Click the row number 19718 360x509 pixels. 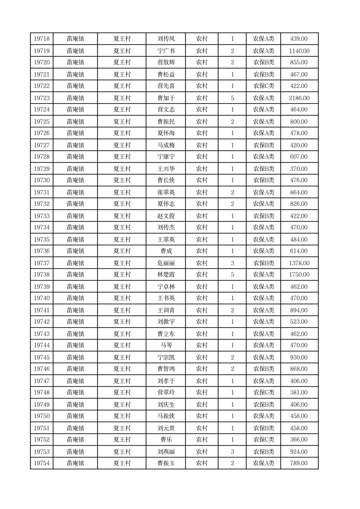tap(42, 39)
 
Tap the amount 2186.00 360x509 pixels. tap(299, 98)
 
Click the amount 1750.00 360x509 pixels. tap(299, 274)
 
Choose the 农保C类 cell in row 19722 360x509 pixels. tap(263, 86)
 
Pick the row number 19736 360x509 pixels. tap(42, 251)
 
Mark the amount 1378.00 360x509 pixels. tap(299, 263)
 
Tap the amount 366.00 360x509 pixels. tap(299, 440)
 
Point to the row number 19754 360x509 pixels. tap(42, 463)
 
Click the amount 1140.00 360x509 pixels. tap(299, 51)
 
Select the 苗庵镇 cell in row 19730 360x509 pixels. tap(75, 180)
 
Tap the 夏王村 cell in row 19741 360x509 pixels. tap(122, 310)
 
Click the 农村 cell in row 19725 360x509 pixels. tap(202, 122)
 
